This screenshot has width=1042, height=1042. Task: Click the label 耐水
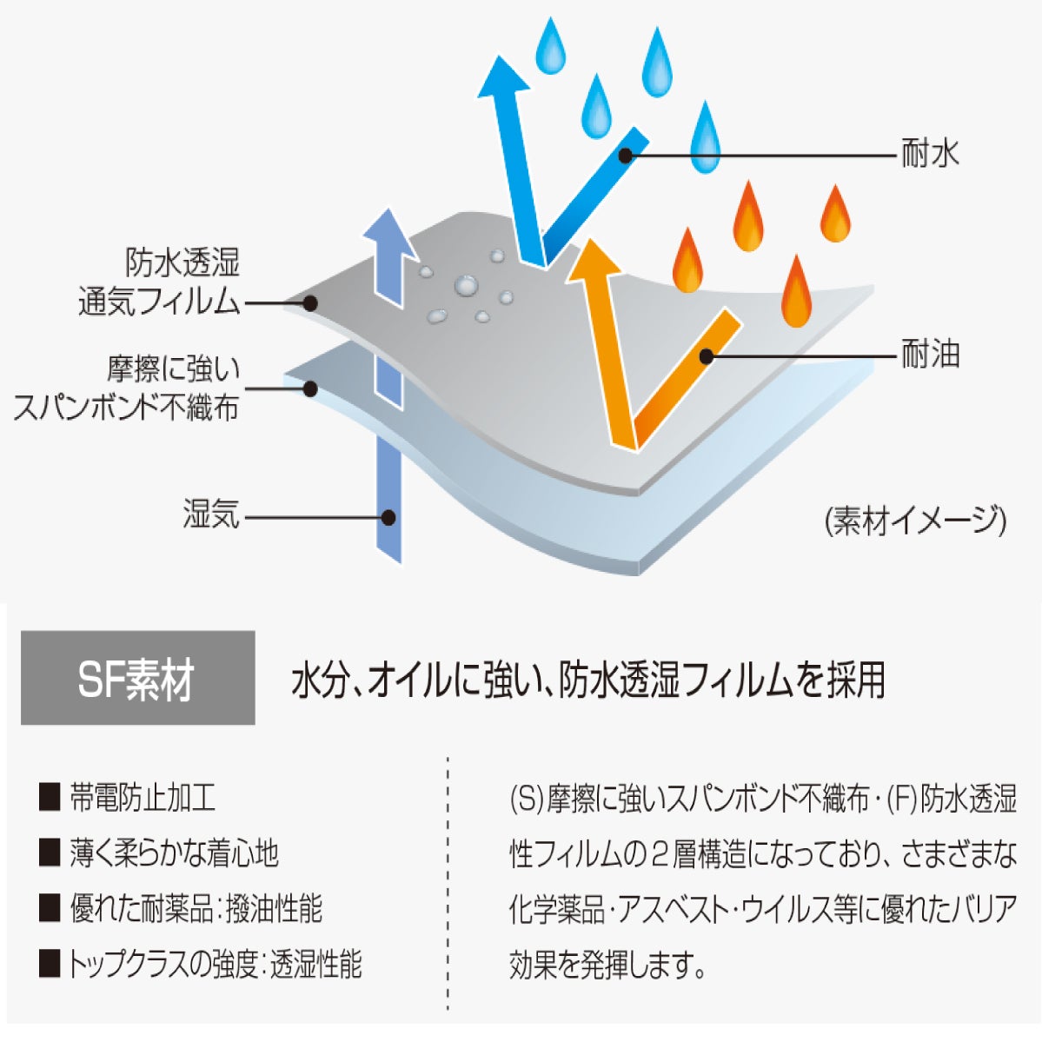pos(930,154)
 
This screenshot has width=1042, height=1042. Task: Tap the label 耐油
pos(930,354)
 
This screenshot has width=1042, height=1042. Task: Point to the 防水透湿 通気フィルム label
pos(159,282)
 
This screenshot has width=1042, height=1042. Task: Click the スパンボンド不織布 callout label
pos(126,388)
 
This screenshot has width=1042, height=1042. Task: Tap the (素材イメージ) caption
pos(915,520)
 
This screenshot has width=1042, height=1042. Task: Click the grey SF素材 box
pos(137,677)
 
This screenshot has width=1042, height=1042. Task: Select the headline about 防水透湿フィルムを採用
pos(588,679)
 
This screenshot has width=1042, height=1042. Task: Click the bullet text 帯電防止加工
pos(143,798)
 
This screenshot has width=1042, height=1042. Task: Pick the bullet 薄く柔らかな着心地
pos(174,853)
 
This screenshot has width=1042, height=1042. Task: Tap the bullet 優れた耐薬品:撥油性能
pos(196,908)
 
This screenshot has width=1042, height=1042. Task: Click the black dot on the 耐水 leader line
pos(626,156)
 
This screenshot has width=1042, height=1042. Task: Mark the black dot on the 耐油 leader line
pos(707,357)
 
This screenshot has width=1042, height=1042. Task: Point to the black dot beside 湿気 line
pos(388,517)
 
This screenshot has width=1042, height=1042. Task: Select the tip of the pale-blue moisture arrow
pos(388,210)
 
